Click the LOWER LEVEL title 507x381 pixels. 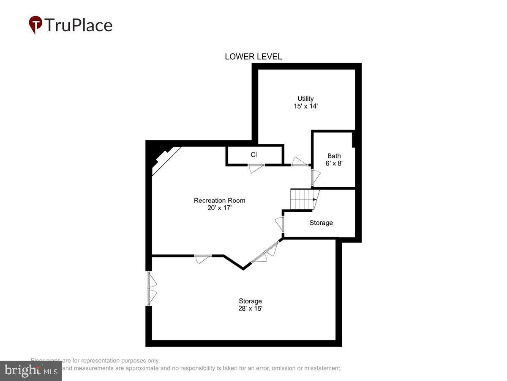point(253,57)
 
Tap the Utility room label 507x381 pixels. point(305,99)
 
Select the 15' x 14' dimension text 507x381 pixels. point(305,106)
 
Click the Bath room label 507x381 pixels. point(334,156)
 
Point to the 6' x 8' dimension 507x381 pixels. point(334,163)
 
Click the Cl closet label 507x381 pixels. point(253,155)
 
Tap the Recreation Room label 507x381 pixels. point(219,200)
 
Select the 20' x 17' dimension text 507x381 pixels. point(219,208)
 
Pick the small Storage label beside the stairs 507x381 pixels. point(321,223)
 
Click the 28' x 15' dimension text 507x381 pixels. point(250,309)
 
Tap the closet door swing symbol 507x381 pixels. point(256,168)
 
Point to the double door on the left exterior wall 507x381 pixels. point(151,288)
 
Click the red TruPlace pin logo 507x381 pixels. point(35,25)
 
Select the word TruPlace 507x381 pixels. point(78,25)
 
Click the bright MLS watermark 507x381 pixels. point(30,371)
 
